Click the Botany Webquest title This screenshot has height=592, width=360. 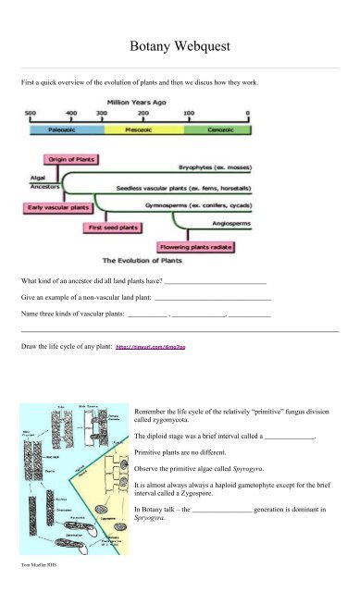pos(180,45)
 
